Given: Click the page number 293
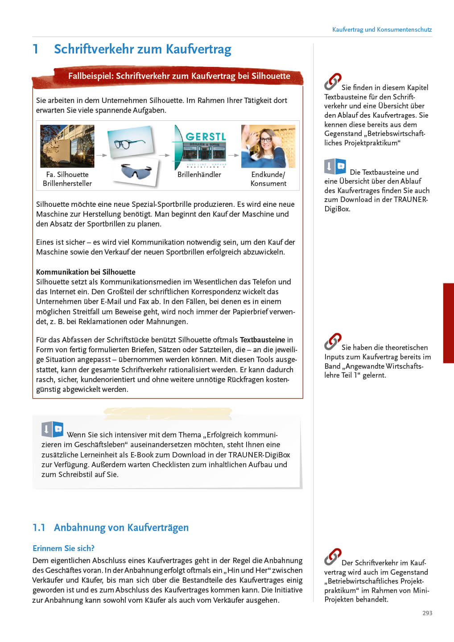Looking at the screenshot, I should pyautogui.click(x=427, y=613).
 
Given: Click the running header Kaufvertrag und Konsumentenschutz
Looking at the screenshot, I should pyautogui.click(x=382, y=29).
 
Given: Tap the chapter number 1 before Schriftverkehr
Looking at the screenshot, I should pyautogui.click(x=36, y=49).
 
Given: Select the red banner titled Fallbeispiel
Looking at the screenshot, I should pyautogui.click(x=178, y=76).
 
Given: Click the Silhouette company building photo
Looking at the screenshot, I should pyautogui.click(x=67, y=146).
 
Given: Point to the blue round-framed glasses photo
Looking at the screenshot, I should pyautogui.click(x=130, y=142).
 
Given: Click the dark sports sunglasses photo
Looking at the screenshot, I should pyautogui.click(x=136, y=171).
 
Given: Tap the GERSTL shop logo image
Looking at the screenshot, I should pyautogui.click(x=200, y=147).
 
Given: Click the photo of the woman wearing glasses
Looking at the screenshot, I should pyautogui.click(x=268, y=146).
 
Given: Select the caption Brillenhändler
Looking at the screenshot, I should pyautogui.click(x=199, y=174).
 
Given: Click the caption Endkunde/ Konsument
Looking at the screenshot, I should pyautogui.click(x=268, y=179).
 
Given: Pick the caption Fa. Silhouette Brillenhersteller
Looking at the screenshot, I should pyautogui.click(x=67, y=179).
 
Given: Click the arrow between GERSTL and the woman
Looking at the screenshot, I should pyautogui.click(x=234, y=155).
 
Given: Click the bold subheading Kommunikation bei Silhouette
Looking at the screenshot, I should pyautogui.click(x=86, y=272).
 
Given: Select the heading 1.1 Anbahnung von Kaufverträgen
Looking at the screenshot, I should pyautogui.click(x=111, y=527).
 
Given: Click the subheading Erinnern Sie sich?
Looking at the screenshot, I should pyautogui.click(x=63, y=548).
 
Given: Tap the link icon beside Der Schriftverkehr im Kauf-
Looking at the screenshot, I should pyautogui.click(x=333, y=557).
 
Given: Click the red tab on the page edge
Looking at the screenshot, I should pyautogui.click(x=448, y=323).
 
